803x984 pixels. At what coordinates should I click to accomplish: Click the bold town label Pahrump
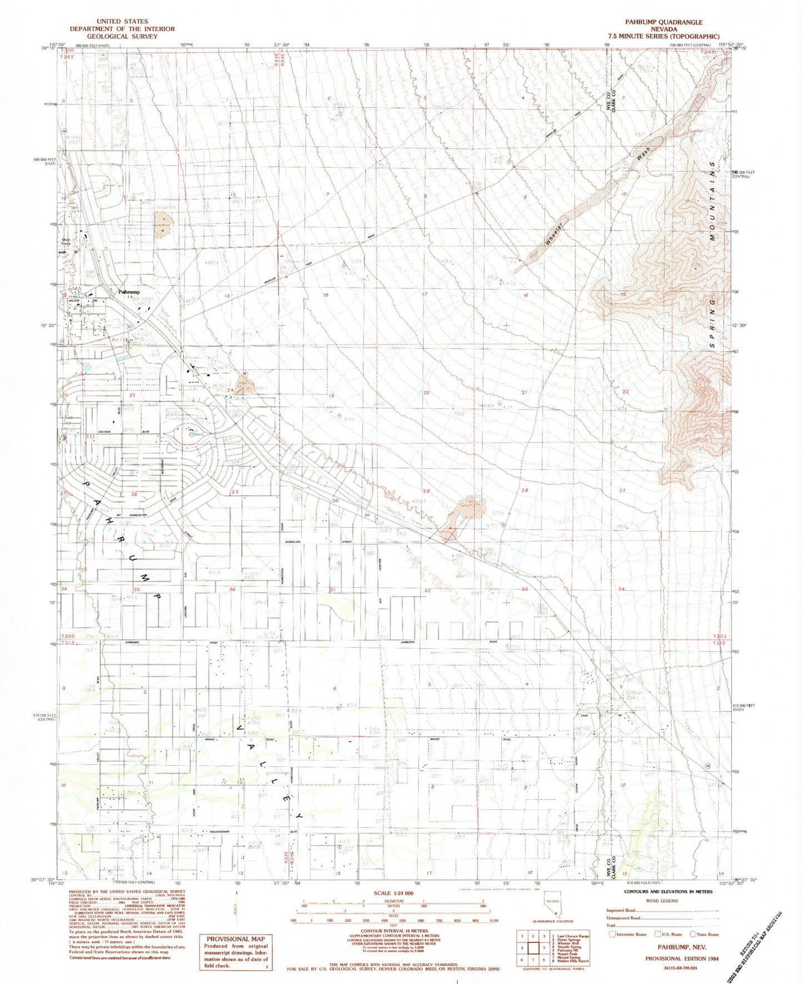tap(129, 292)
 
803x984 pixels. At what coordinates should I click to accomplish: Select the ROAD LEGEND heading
tap(661, 901)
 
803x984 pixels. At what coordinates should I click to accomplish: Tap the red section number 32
tap(427, 591)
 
